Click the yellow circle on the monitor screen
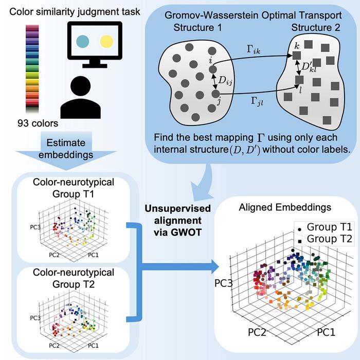point(106,40)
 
